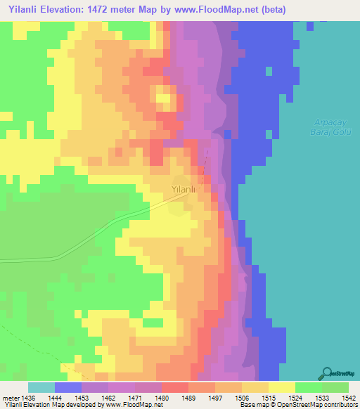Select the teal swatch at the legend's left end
(x=41, y=387)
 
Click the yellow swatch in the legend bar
(x=281, y=387)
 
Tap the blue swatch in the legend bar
(x=68, y=387)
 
